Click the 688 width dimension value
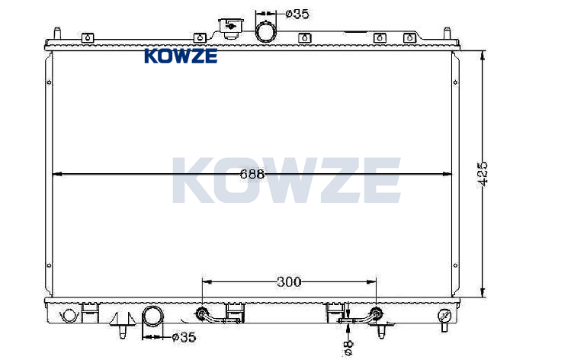pos(252,174)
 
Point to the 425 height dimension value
pos(483,174)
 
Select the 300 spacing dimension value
pos(289,281)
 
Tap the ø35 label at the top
pos(297,14)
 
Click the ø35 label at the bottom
pos(184,337)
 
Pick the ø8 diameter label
pos(348,347)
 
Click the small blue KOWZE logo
pos(181,56)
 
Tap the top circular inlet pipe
pos(266,31)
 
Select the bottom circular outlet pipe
pos(152,317)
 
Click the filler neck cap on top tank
pos(230,28)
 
